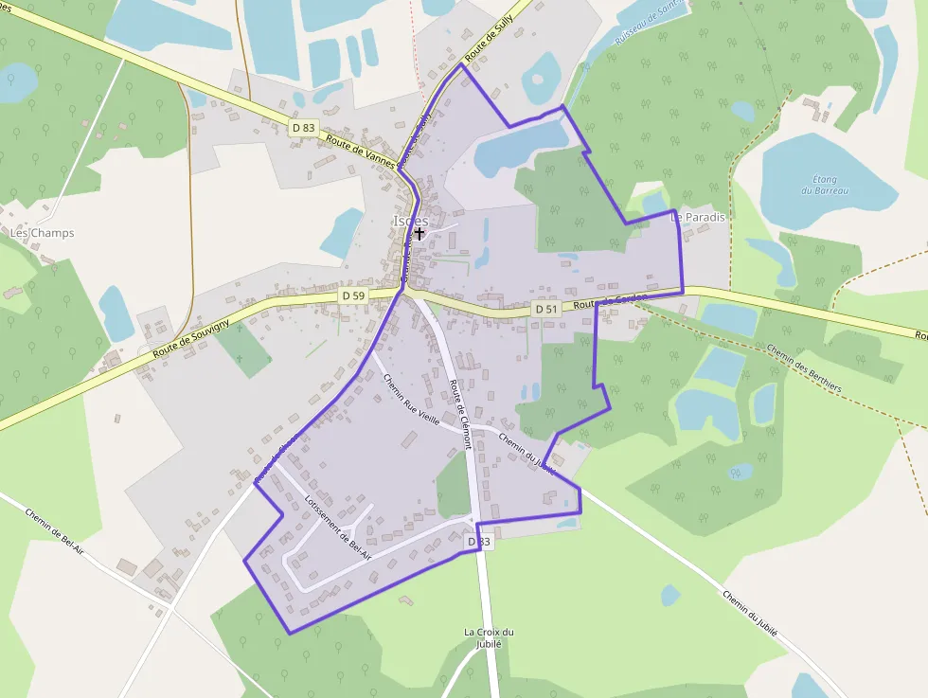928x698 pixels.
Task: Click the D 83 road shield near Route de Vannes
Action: click(303, 128)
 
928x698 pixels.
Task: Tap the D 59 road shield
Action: click(353, 296)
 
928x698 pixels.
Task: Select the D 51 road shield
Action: click(545, 309)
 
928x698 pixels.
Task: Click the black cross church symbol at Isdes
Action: click(419, 232)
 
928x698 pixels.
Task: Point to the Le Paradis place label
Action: click(698, 217)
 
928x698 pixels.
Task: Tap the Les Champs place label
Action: click(42, 233)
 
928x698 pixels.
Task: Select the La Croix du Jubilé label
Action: click(489, 637)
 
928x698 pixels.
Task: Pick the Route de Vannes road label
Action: click(359, 150)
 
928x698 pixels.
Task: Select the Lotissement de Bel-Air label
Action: click(338, 528)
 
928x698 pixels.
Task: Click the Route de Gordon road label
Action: click(610, 301)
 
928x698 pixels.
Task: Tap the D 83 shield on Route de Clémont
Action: click(479, 542)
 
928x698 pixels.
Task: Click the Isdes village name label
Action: click(410, 221)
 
